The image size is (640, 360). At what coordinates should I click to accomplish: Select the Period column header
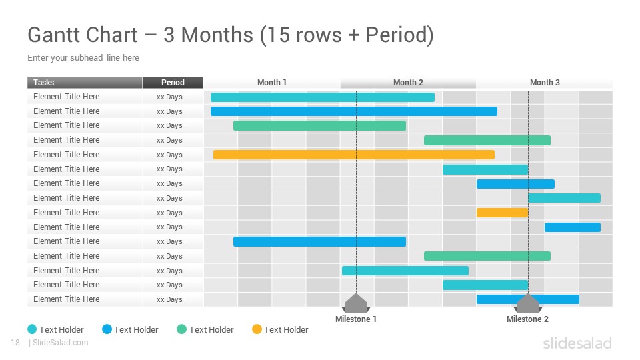coord(173,83)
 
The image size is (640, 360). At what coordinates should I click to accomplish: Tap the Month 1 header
coord(272,83)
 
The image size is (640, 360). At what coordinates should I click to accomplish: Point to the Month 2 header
coord(408,83)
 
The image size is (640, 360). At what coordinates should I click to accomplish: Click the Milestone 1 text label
coord(356,319)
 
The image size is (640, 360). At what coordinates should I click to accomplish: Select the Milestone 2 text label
coord(527,319)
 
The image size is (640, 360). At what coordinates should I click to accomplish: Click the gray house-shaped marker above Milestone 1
coord(356,303)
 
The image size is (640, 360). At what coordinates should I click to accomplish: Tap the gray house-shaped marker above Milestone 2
coord(528,303)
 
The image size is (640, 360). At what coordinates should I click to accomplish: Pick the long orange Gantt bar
coord(354,155)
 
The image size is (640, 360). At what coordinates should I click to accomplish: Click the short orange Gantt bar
coord(503,213)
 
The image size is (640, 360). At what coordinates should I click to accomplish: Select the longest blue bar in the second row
coord(354,111)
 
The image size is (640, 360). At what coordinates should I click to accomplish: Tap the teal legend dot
coord(32,329)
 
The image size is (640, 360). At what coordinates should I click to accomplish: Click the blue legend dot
coord(107,329)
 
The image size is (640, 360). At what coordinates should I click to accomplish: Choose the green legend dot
coord(181,329)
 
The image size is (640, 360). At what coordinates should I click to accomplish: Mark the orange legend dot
coord(257,329)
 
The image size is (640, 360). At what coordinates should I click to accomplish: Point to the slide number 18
coord(15,343)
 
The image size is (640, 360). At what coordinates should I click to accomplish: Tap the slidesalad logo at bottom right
coord(577,343)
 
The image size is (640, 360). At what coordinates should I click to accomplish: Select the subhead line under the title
coord(83,57)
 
